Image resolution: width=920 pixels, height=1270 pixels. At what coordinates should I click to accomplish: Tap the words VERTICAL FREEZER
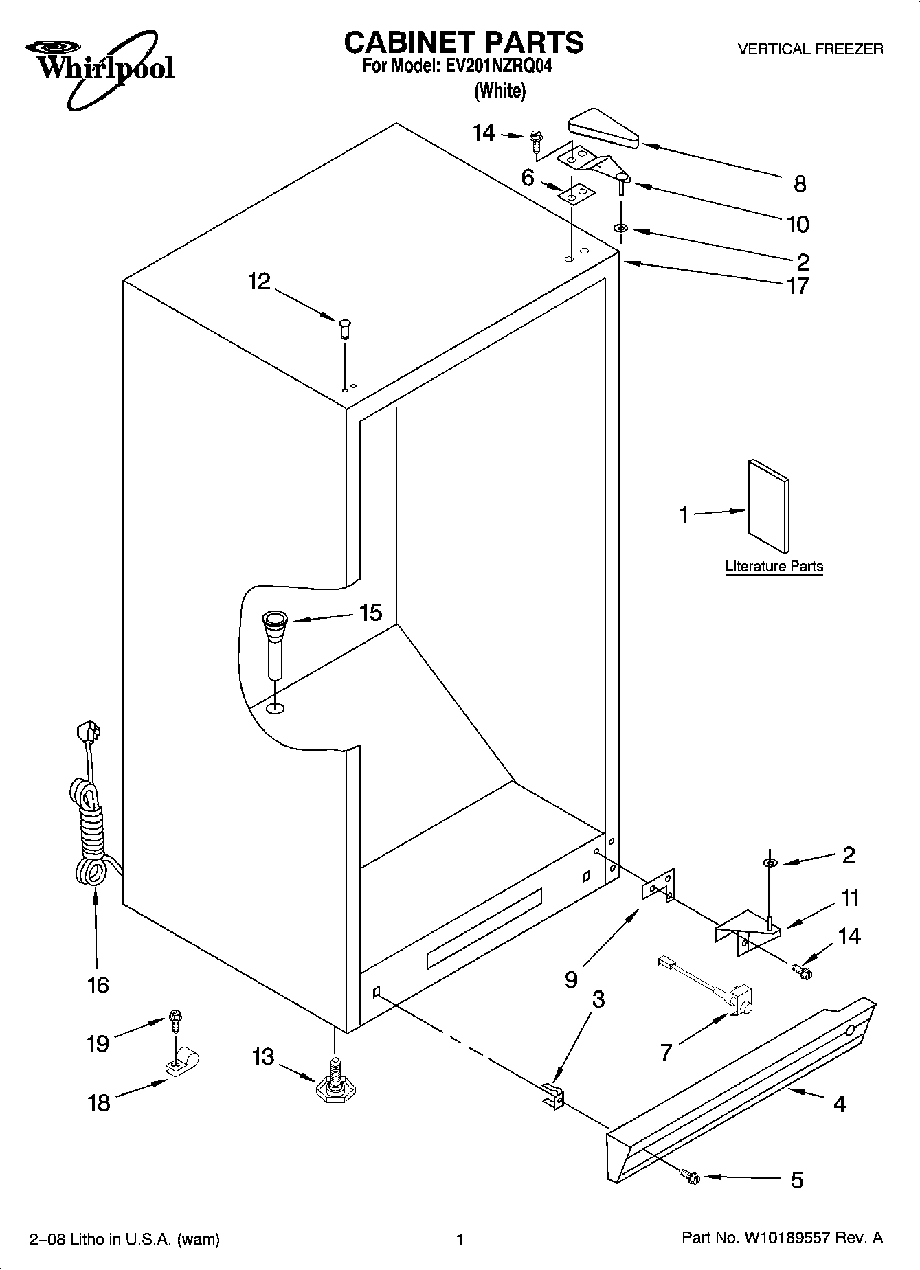(810, 49)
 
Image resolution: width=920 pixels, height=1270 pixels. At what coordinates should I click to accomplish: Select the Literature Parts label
(774, 567)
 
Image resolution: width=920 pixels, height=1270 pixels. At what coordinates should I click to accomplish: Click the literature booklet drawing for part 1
(768, 506)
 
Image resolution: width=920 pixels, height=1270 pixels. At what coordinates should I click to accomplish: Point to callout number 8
(799, 183)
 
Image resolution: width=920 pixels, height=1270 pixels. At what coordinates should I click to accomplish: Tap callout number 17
(798, 285)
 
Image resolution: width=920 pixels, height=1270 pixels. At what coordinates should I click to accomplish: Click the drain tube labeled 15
(275, 642)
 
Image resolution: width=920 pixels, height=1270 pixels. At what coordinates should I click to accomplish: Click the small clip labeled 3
(554, 1093)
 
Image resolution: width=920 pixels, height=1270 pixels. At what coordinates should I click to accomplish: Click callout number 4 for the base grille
(839, 1104)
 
